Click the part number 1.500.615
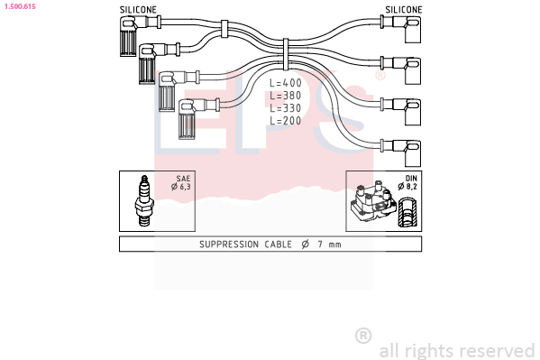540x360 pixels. pyautogui.click(x=20, y=6)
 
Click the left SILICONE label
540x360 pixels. pyautogui.click(x=138, y=10)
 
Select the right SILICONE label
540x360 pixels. pyautogui.click(x=404, y=10)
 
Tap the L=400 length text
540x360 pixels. pyautogui.click(x=286, y=83)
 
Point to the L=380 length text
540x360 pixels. pyautogui.click(x=286, y=96)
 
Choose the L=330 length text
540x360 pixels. pyautogui.click(x=286, y=108)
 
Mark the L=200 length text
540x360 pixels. pyautogui.click(x=286, y=121)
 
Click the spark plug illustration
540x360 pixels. pyautogui.click(x=144, y=201)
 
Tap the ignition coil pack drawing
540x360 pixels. pyautogui.click(x=373, y=203)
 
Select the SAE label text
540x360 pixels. pyautogui.click(x=183, y=179)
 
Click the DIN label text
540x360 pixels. pyautogui.click(x=411, y=179)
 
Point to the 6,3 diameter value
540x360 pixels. pyautogui.click(x=185, y=187)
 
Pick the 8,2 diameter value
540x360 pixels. pyautogui.click(x=412, y=187)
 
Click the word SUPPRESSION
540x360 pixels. pyautogui.click(x=229, y=245)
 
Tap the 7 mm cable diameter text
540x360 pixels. pyautogui.click(x=330, y=245)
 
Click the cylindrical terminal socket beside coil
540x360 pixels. pyautogui.click(x=407, y=212)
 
